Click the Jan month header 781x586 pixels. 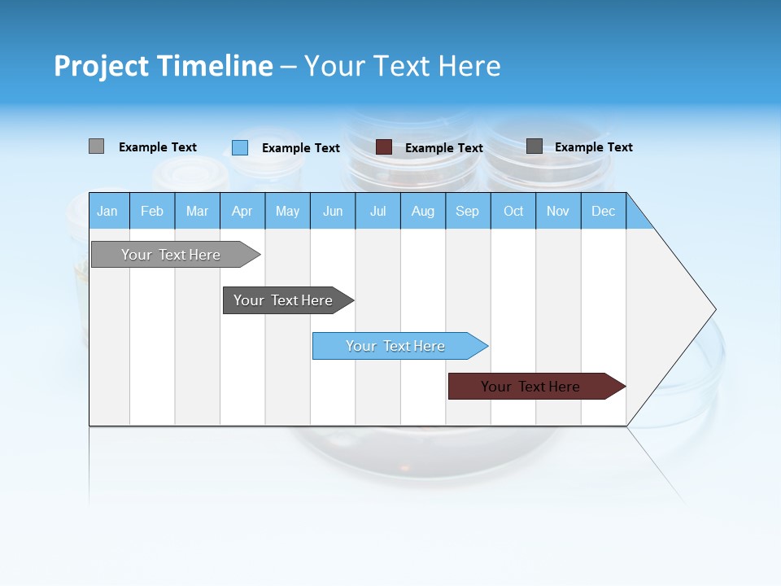pos(107,211)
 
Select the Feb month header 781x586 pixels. pos(152,211)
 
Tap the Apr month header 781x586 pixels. pos(242,211)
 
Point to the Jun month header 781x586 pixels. pos(333,211)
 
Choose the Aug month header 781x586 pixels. pos(422,211)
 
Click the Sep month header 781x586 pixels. pos(467,211)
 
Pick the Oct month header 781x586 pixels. pos(513,211)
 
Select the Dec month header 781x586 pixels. pos(603,211)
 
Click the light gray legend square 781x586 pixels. pos(96,146)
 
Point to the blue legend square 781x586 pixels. pos(240,147)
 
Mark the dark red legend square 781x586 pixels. pos(384,147)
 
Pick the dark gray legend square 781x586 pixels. pos(534,146)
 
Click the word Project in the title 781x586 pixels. pos(102,66)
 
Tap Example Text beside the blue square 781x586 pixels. pos(301,148)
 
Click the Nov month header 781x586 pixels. pos(558,211)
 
